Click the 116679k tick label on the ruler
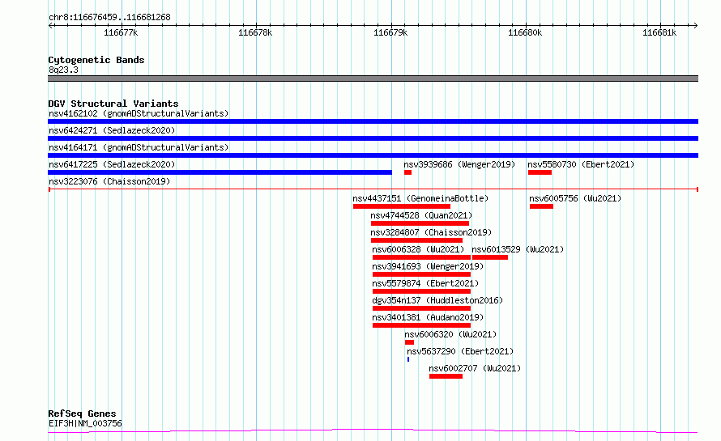tap(390, 32)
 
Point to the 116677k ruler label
tap(121, 32)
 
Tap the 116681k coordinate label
tap(659, 32)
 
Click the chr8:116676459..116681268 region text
tap(109, 17)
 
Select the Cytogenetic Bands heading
tap(96, 60)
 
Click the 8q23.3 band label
tap(63, 70)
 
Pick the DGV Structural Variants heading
tap(113, 104)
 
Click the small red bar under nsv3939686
tap(407, 172)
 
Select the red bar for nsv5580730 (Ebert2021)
tap(540, 172)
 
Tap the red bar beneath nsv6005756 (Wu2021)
tap(541, 206)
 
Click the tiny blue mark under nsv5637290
tap(407, 359)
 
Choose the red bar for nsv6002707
tap(446, 376)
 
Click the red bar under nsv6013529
tap(489, 257)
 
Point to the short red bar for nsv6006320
tap(409, 342)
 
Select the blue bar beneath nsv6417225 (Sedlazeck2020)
tap(220, 172)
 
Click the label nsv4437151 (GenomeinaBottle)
tap(420, 198)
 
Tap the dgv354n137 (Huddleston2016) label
tap(437, 300)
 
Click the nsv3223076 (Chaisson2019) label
tap(109, 181)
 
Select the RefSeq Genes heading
tap(82, 413)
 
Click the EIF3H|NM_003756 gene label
tap(85, 423)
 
